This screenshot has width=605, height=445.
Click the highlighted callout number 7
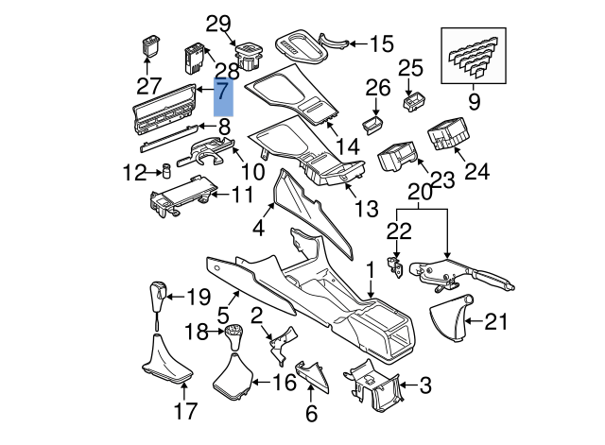(222, 92)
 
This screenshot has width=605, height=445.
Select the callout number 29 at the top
(219, 24)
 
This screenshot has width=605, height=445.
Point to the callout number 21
(496, 322)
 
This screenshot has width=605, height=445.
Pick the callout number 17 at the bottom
(186, 411)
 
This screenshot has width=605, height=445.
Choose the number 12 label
(132, 173)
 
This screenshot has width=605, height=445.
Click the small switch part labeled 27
(151, 44)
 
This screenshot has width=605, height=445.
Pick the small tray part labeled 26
(374, 123)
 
